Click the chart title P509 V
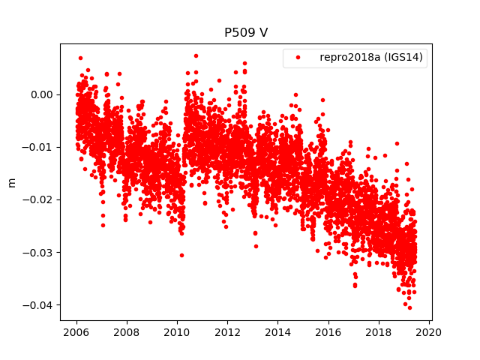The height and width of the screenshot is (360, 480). coord(246,33)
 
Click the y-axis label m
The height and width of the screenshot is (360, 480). coord(11,182)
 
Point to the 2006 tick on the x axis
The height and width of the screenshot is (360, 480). coord(76,332)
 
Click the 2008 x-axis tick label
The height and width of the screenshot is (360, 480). coord(127,332)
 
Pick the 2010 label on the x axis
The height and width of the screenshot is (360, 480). coord(177,332)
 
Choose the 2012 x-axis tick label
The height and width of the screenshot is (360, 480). coord(227,332)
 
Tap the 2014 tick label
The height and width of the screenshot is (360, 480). coord(277,332)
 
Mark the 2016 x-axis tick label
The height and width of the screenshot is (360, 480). coord(328,332)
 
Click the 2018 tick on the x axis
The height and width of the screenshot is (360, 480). coord(379,332)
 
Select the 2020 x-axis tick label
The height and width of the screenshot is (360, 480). coord(429,332)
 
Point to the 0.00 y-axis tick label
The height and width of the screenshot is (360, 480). coord(42,94)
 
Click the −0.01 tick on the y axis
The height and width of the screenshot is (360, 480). coord(39,147)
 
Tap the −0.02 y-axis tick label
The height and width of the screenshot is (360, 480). coord(39,199)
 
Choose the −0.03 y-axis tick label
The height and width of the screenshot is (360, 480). coord(39,252)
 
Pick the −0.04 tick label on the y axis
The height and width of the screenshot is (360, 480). coord(39,304)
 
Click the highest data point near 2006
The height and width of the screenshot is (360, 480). coord(80,58)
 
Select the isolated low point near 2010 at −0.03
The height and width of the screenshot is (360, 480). coord(181,255)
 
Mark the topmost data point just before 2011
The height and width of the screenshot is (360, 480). coord(196,55)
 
